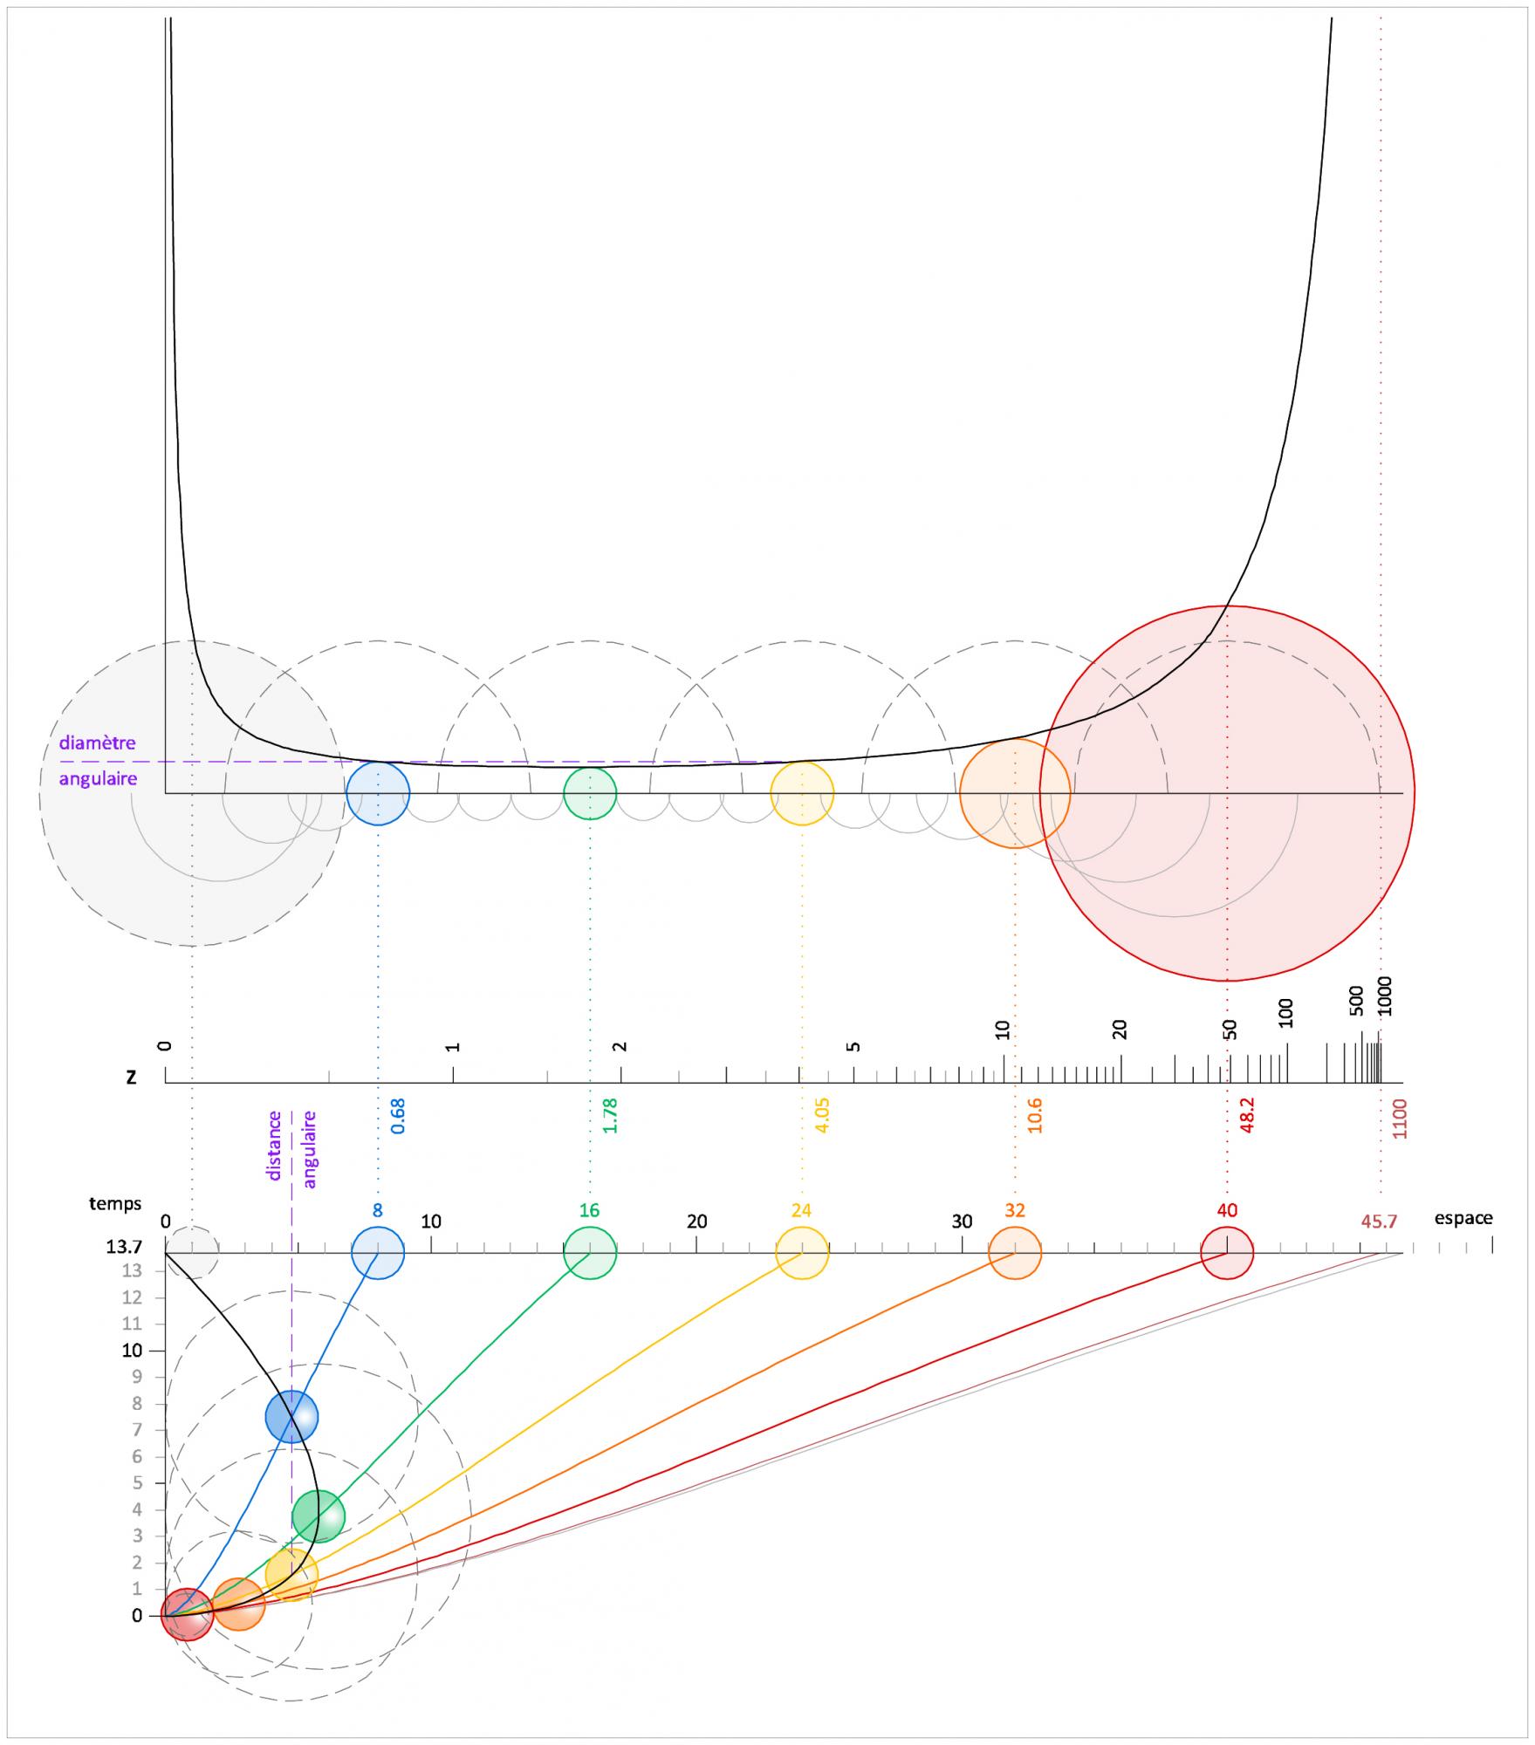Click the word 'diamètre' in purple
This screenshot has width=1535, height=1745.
click(97, 744)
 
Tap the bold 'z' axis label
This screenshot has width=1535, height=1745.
click(131, 1077)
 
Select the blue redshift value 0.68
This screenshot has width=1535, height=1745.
click(398, 1116)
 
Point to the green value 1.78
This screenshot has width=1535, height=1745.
click(610, 1115)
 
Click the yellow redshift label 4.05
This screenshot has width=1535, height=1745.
click(822, 1115)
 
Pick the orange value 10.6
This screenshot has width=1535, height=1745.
click(1035, 1116)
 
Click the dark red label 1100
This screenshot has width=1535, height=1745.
click(1400, 1119)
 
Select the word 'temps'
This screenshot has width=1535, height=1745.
click(115, 1204)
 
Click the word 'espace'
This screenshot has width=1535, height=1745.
click(1463, 1218)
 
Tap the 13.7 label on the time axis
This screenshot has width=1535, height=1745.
click(125, 1248)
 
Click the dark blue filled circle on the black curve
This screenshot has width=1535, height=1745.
click(291, 1417)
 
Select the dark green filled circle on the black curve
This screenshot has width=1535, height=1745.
click(319, 1516)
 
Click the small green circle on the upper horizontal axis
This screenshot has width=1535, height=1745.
click(590, 793)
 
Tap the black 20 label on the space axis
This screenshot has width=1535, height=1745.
click(696, 1221)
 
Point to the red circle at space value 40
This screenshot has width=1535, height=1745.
click(1227, 1253)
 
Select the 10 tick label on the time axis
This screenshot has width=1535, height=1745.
click(132, 1351)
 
